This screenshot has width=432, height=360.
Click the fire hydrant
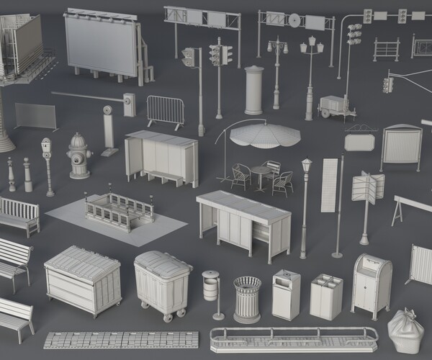pyautogui.click(x=78, y=156)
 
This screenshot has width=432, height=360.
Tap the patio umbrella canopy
pyautogui.click(x=266, y=134)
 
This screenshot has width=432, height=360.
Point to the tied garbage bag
pyautogui.click(x=405, y=331)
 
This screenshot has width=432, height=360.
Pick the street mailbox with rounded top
pyautogui.click(x=372, y=284)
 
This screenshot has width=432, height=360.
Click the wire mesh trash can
pyautogui.click(x=247, y=299)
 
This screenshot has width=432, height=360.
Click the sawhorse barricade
pyautogui.click(x=407, y=210)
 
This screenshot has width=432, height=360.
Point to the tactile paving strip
pyautogui.click(x=120, y=340)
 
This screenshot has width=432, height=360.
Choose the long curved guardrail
pyautogui.click(x=293, y=338)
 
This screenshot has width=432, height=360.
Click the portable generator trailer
pyautogui.click(x=335, y=106)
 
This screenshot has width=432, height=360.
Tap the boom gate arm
pyautogui.click(x=86, y=95)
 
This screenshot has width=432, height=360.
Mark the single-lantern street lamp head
pyautogui.click(x=306, y=166)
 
